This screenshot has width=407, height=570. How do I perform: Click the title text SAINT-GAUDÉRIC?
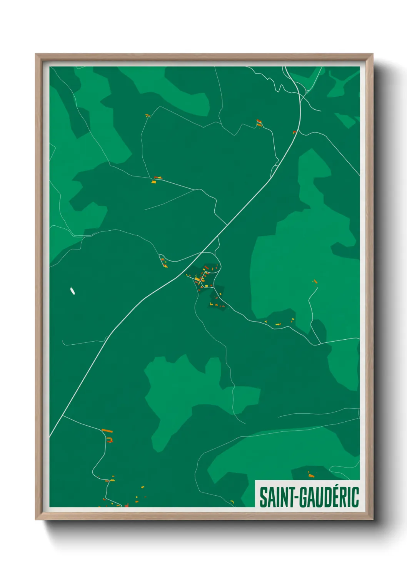(309, 497)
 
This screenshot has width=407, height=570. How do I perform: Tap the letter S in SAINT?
(264, 497)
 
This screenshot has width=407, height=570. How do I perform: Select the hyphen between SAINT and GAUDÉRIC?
(296, 498)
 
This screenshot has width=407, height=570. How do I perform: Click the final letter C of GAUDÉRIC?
(355, 497)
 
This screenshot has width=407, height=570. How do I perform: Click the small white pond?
(72, 291)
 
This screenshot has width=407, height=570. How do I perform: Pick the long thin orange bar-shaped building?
(107, 430)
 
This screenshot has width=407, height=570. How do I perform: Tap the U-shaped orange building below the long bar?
(110, 439)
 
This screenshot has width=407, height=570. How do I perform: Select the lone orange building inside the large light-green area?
(315, 282)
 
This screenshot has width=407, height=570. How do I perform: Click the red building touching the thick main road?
(294, 132)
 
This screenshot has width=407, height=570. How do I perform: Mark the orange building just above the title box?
(310, 475)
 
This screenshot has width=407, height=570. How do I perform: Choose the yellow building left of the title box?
(232, 501)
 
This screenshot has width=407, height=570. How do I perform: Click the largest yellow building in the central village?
(198, 279)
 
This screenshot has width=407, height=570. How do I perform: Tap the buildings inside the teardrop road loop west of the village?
(163, 262)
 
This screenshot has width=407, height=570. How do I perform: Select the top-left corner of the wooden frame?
(36, 54)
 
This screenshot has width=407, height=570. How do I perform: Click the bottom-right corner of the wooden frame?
(372, 519)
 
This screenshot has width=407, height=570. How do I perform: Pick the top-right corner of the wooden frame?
(372, 54)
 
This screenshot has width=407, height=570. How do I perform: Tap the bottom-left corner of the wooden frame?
(36, 519)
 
